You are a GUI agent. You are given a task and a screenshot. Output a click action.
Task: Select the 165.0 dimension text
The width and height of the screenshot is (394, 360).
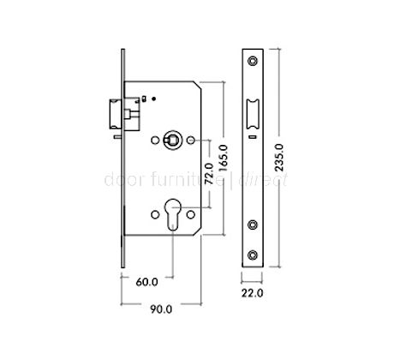(222, 159)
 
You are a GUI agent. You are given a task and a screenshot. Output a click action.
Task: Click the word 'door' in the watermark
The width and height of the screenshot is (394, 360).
(116, 181)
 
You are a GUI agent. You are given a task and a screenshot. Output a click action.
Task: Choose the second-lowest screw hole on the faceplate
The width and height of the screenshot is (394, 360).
(254, 225)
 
